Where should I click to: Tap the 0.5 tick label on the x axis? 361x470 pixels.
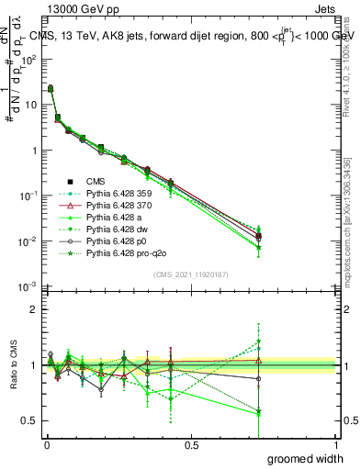(x=191, y=445)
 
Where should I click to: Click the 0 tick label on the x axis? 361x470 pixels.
(x=46, y=445)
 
